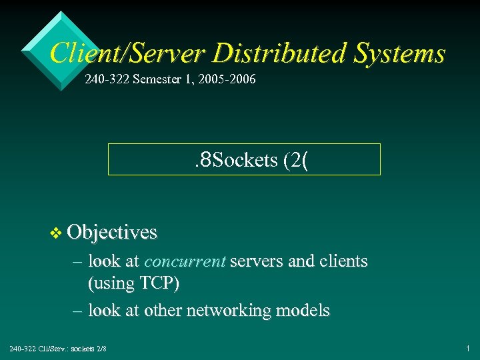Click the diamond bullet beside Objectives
click(x=56, y=232)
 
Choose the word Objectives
click(x=112, y=232)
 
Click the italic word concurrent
click(x=185, y=261)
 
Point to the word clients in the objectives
click(x=343, y=261)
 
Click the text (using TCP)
click(x=133, y=283)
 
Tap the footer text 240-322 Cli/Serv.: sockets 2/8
click(x=57, y=349)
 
